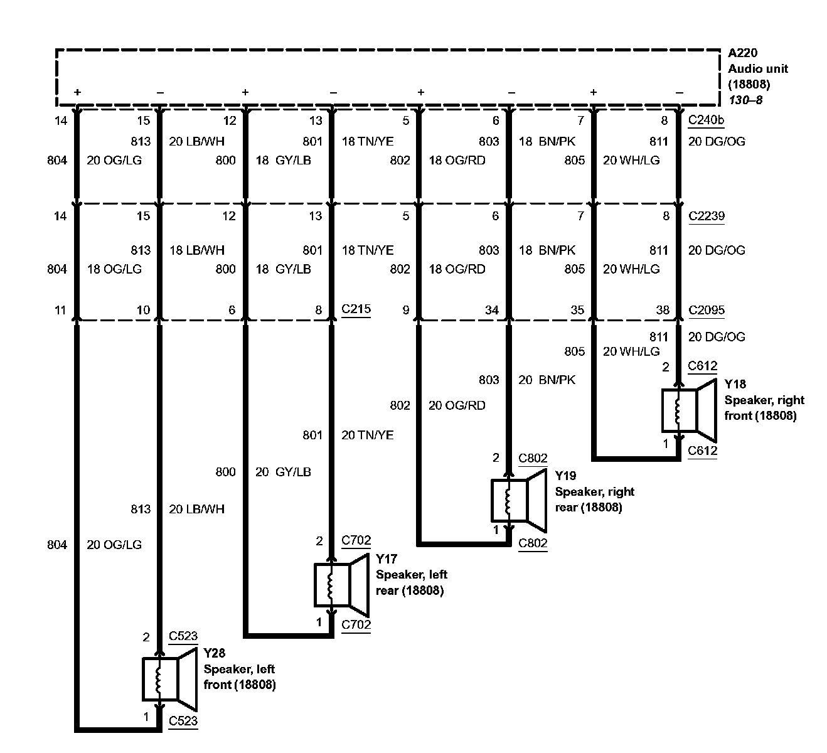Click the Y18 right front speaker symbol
(688, 410)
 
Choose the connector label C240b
(705, 121)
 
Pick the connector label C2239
(707, 216)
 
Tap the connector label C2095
(707, 310)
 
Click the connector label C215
(356, 309)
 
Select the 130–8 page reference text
(745, 99)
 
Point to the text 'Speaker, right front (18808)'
(764, 408)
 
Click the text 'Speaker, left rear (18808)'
(411, 582)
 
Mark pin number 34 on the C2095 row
(491, 310)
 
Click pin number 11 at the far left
(60, 310)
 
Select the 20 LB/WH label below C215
(196, 509)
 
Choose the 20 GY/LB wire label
(283, 472)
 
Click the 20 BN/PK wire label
(547, 380)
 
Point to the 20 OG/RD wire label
(457, 405)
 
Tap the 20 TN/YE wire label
(367, 435)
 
